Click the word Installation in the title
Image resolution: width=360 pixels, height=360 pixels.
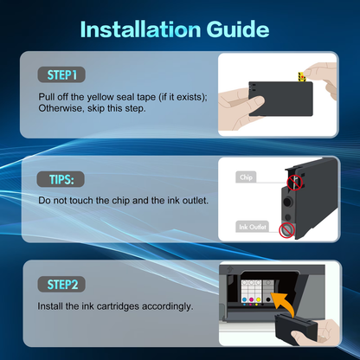pyautogui.click(x=140, y=29)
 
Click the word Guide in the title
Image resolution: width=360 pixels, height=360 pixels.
pyautogui.click(x=238, y=29)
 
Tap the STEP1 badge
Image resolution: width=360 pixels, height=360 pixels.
pyautogui.click(x=61, y=74)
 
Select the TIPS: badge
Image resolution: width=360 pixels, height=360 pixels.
pyautogui.click(x=61, y=179)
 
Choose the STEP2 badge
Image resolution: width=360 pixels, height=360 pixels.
pyautogui.click(x=61, y=284)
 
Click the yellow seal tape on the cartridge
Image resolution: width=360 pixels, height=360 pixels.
pyautogui.click(x=302, y=77)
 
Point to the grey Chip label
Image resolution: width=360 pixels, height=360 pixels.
pyautogui.click(x=246, y=177)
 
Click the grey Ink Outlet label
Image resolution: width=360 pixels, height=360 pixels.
pyautogui.click(x=252, y=227)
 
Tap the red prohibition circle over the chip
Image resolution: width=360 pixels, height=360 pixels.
pyautogui.click(x=294, y=183)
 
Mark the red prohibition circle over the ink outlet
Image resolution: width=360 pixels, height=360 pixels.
pyautogui.click(x=286, y=230)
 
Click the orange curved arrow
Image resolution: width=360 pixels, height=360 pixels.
pyautogui.click(x=284, y=303)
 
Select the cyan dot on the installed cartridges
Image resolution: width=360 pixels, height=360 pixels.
pyautogui.click(x=244, y=299)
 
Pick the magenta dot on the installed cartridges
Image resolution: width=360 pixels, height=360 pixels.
pyautogui.click(x=250, y=299)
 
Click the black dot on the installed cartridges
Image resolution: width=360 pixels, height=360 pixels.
pyautogui.click(x=268, y=299)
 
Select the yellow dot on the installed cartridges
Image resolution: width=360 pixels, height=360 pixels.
pyautogui.click(x=257, y=299)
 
